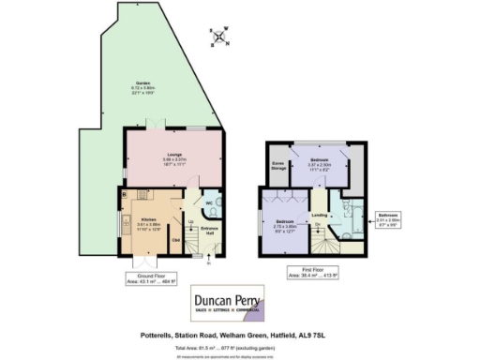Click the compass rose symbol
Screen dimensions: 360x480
220,38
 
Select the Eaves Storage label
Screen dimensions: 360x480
279,165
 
